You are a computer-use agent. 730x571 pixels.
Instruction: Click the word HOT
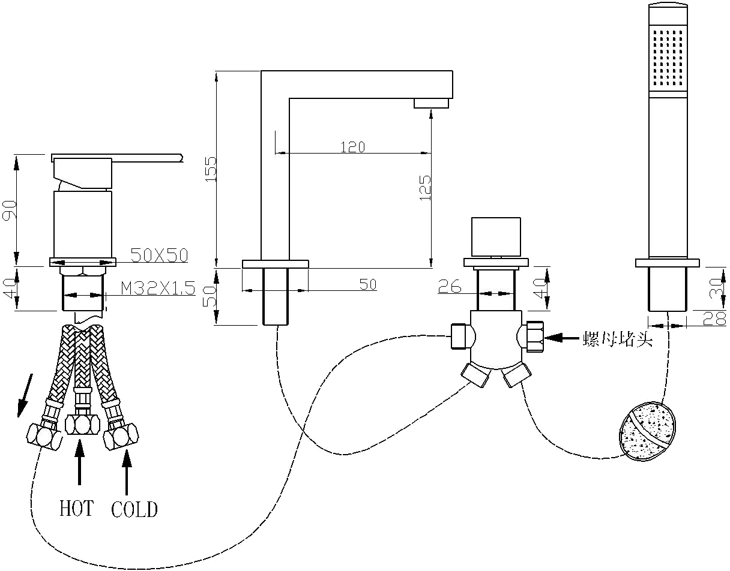pos(76,509)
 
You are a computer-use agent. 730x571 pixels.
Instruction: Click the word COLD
pos(134,510)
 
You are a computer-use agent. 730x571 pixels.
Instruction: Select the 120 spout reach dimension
pos(353,147)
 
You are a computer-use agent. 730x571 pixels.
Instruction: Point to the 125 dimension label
pos(425,187)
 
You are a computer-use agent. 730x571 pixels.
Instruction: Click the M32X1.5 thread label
pos(158,288)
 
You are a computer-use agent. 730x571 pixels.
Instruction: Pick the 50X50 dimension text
pos(160,255)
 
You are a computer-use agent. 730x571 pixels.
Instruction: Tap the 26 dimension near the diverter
pos(450,287)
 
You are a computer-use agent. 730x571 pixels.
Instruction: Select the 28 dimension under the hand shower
pos(714,318)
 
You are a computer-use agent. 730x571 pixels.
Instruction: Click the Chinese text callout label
pos(617,339)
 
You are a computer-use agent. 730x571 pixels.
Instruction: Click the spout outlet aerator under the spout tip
pos(431,104)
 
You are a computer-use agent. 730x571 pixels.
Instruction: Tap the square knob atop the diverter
pos(496,237)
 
